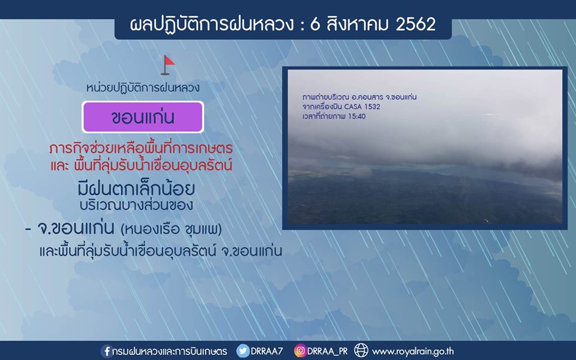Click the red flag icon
pyautogui.click(x=168, y=65)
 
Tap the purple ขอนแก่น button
pyautogui.click(x=143, y=117)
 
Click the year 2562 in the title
pyautogui.click(x=415, y=24)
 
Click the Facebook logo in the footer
pyautogui.click(x=107, y=351)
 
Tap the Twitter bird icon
pyautogui.click(x=242, y=351)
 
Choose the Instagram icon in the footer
pyautogui.click(x=300, y=351)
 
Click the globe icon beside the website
pyautogui.click(x=361, y=350)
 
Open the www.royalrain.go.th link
pyautogui.click(x=413, y=352)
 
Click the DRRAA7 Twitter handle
pyautogui.click(x=266, y=351)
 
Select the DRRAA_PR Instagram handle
pyautogui.click(x=328, y=352)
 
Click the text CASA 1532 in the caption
pyautogui.click(x=362, y=107)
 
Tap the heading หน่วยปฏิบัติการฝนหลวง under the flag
pyautogui.click(x=143, y=88)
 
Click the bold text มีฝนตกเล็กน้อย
pyautogui.click(x=136, y=189)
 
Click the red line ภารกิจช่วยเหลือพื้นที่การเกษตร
pyautogui.click(x=141, y=148)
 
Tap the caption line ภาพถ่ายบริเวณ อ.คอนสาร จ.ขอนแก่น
pyautogui.click(x=359, y=97)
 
